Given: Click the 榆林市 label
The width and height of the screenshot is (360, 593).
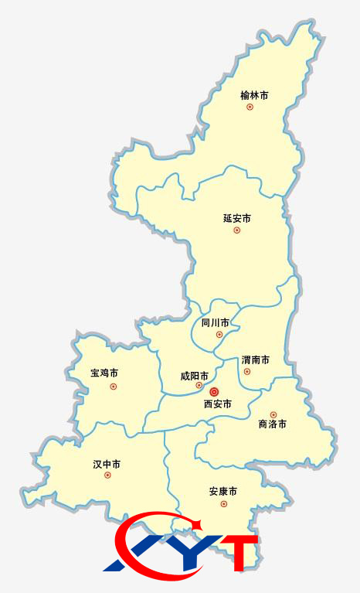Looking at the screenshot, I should [254, 96].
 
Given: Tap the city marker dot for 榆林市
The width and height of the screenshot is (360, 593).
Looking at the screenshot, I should [250, 107].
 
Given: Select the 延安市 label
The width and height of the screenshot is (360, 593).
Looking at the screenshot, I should [237, 219].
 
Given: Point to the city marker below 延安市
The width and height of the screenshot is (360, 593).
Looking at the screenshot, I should [237, 230].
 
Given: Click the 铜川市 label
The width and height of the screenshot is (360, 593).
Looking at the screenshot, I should [216, 322].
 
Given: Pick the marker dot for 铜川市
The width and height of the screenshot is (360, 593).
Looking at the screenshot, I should [219, 334].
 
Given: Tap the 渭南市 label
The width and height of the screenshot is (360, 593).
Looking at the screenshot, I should [256, 360].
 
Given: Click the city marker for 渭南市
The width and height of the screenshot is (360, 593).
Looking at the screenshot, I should [247, 372].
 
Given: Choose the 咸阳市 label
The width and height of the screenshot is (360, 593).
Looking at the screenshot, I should [195, 376].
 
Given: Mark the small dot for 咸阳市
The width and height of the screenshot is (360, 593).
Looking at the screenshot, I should [199, 385].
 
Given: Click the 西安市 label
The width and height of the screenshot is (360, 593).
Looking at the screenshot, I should [218, 404].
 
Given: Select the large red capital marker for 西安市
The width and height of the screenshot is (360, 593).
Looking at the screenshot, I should [215, 392].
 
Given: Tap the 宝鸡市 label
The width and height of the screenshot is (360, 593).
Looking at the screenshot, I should [104, 373].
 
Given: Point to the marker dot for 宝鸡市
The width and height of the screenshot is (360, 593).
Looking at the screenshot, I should [114, 386].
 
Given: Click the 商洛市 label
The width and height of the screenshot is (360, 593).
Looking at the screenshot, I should [272, 424].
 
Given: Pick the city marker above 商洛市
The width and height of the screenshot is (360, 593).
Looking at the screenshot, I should [273, 414].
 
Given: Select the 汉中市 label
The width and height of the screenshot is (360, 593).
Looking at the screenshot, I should [107, 465].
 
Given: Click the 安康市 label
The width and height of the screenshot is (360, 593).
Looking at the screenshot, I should [222, 492].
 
